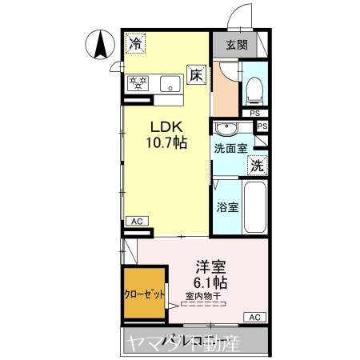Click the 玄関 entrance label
point(235,45)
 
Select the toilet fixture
point(254,90)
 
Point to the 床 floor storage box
point(196,75)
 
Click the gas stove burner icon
point(138,82)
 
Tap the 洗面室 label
point(230,148)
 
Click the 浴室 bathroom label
point(227,206)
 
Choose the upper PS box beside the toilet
point(255,113)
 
